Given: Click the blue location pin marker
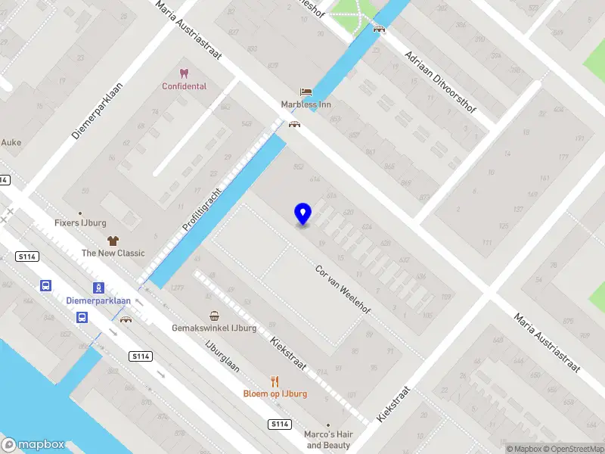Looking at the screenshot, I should click(x=302, y=214).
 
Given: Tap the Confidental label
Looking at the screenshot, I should click(x=184, y=86).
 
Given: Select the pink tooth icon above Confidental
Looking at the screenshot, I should click(x=183, y=73).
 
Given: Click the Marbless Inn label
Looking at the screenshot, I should click(x=306, y=104).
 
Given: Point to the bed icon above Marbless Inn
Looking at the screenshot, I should click(x=306, y=92).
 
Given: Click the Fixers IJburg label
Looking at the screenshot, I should click(x=80, y=223).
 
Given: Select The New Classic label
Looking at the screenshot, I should click(x=113, y=253).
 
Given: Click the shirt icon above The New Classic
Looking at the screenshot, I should click(x=113, y=241).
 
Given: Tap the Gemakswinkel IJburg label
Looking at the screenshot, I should click(x=215, y=328).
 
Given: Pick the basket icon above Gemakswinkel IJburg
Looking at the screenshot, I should click(x=215, y=316).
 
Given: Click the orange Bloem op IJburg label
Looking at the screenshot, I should click(x=275, y=393).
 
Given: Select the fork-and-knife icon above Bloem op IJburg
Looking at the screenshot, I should click(x=275, y=381).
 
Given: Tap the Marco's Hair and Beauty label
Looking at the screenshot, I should click(x=327, y=440).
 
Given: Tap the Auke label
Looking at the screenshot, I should click(x=11, y=142).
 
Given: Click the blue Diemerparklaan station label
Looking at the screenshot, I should click(x=98, y=300).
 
